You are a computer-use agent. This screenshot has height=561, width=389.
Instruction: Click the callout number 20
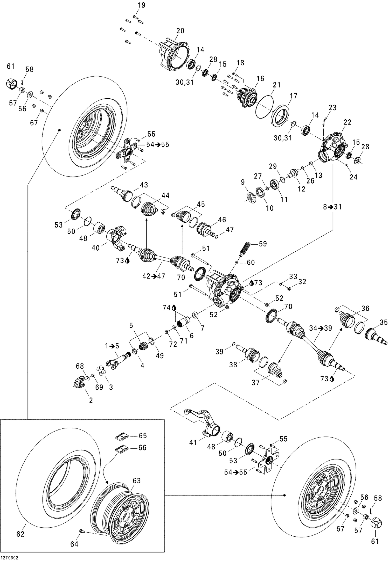point(180,31)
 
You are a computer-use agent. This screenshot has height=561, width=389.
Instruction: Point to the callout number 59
point(263,244)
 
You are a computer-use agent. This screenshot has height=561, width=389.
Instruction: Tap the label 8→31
point(332,207)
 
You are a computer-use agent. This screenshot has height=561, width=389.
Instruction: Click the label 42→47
point(153,276)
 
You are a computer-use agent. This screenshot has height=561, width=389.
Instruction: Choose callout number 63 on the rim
point(136,480)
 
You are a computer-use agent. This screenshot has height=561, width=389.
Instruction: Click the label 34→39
point(320,328)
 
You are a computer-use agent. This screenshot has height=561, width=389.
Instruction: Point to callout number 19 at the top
point(141,5)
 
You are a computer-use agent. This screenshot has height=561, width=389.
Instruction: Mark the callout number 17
point(293,96)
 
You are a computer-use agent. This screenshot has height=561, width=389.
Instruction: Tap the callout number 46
point(222,220)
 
